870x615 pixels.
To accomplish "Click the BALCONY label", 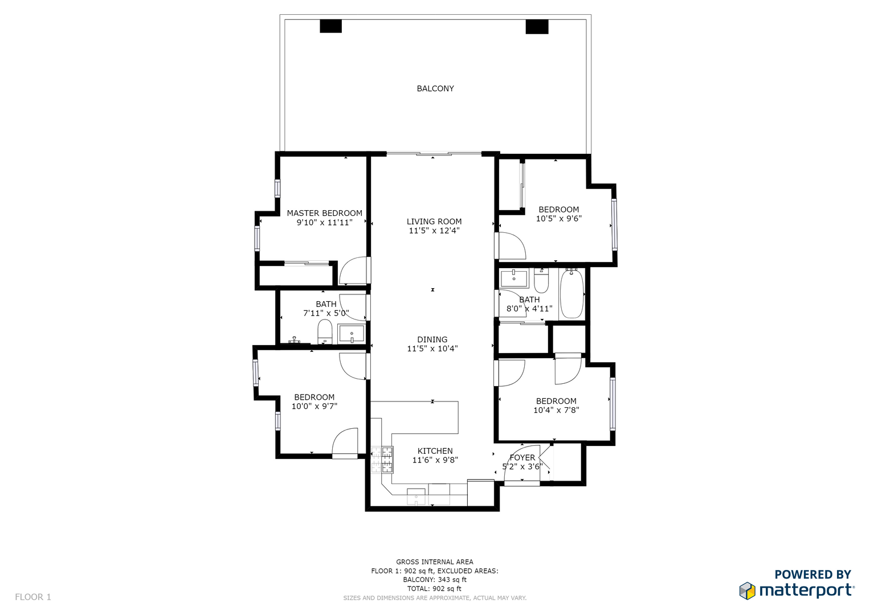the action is (435, 88).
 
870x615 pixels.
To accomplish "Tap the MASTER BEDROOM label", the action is (324, 213).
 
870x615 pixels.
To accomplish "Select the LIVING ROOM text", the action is (434, 222).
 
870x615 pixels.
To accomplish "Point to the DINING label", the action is (432, 339).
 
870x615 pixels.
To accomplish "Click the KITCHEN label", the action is (435, 451).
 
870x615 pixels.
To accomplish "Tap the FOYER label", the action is (522, 457).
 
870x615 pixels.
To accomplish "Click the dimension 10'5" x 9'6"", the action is (558, 219).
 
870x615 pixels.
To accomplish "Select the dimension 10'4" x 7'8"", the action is (556, 410).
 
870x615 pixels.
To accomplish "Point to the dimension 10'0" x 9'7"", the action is (314, 406).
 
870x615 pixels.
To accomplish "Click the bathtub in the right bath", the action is (571, 293).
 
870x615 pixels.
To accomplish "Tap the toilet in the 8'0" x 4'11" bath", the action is (541, 281).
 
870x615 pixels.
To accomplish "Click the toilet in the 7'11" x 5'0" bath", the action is (325, 331).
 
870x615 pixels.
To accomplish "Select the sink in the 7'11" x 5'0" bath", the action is (352, 334).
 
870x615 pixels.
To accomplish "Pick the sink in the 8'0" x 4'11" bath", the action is (514, 278).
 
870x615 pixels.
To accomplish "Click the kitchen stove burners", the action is (382, 460).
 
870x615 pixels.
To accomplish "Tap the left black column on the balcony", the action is (330, 26).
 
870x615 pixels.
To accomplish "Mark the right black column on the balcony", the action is (537, 26).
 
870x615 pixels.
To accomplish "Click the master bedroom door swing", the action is (353, 270).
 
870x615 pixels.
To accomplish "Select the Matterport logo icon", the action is (747, 591).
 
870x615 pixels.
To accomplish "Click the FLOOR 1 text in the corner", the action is (33, 597).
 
